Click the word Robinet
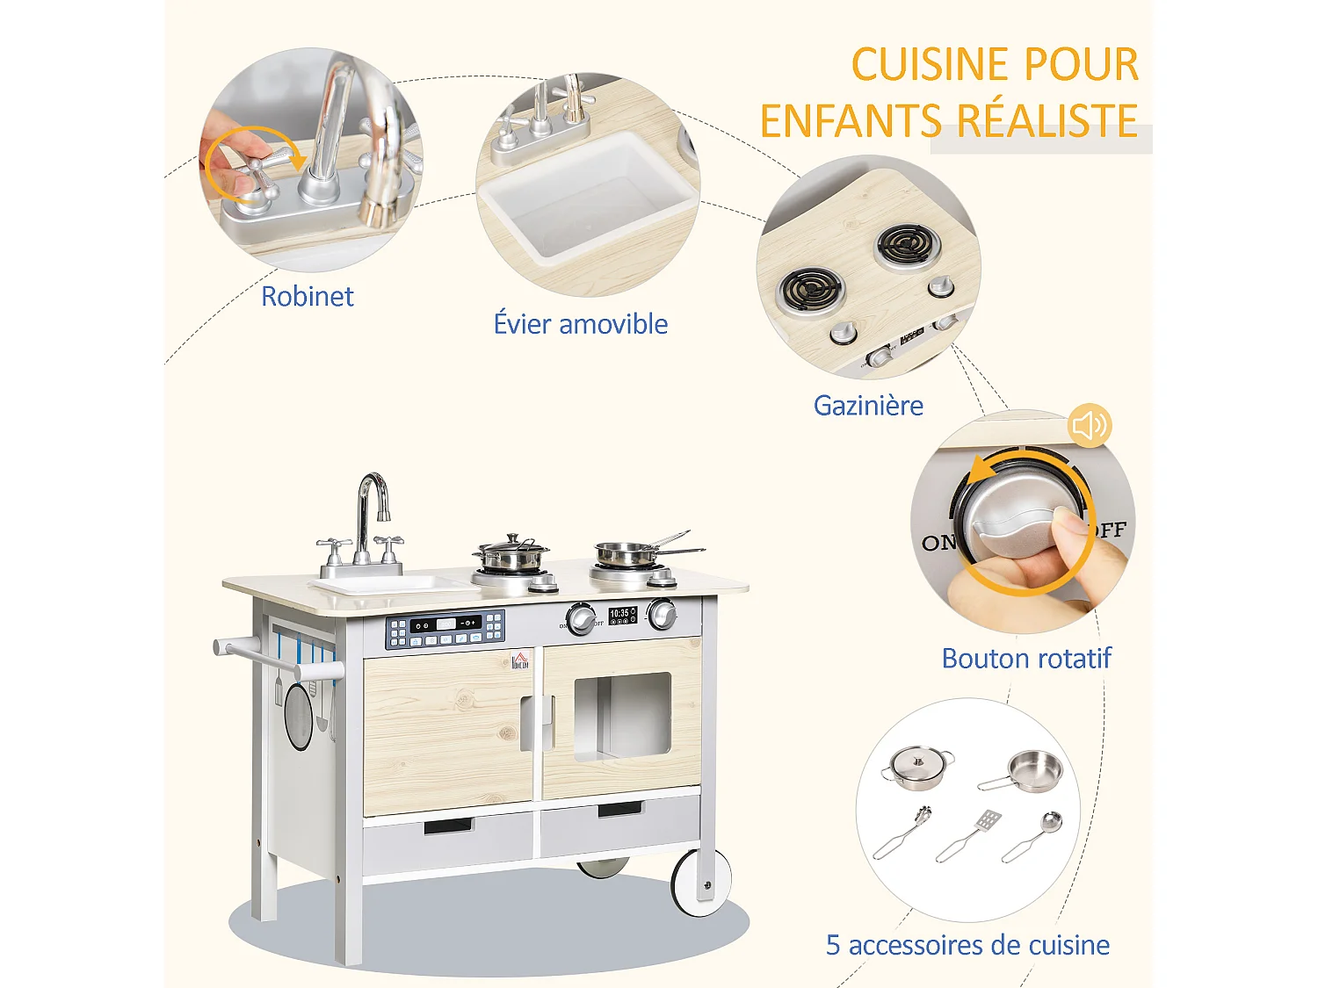[307, 297]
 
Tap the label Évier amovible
[580, 324]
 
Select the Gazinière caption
[868, 406]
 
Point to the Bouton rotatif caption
[1025, 659]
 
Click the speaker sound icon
[1090, 426]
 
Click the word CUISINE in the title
[920, 66]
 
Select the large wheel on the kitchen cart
[702, 882]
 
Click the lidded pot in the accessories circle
[918, 767]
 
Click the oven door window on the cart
[622, 715]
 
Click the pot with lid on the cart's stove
[511, 552]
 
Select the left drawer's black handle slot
[448, 826]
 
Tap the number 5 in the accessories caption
[833, 946]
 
